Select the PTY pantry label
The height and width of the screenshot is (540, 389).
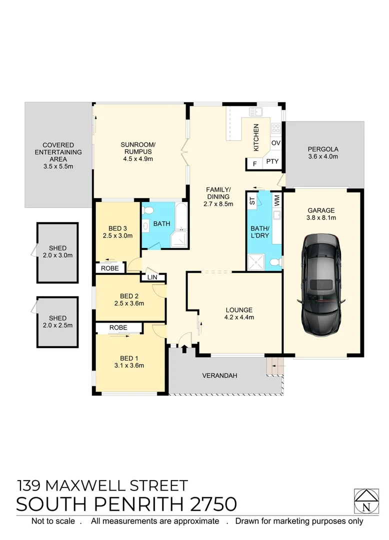point(272,161)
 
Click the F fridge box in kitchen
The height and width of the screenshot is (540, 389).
point(254,163)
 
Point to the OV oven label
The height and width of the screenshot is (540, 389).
point(275,143)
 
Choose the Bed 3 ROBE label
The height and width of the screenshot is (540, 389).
point(110,268)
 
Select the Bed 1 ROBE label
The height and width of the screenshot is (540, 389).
point(118,327)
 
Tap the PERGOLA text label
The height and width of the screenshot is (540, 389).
point(323,149)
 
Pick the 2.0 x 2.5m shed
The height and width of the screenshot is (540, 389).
point(57,321)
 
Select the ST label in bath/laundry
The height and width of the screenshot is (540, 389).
point(252,201)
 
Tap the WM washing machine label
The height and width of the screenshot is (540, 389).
point(275,201)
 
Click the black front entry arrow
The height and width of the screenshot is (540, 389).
point(184,348)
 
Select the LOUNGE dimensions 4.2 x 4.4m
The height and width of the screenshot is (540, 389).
point(238,317)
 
